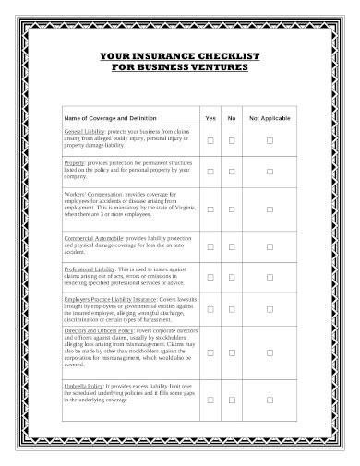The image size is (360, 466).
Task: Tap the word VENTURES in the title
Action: [222, 67]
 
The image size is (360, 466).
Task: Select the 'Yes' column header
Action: [210, 119]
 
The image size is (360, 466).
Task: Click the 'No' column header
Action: [232, 119]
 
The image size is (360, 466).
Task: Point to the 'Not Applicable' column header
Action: [270, 119]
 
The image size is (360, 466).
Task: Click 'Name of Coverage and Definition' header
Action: [110, 119]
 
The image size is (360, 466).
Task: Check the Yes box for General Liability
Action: [210, 140]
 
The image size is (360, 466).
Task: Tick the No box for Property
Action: [232, 172]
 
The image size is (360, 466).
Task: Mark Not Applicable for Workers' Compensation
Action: [270, 209]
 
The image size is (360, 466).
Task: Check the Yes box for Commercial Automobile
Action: [210, 247]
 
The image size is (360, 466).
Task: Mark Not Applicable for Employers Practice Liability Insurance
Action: [270, 314]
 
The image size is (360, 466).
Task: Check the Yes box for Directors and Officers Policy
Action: [210, 352]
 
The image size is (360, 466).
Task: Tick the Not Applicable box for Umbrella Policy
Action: [270, 400]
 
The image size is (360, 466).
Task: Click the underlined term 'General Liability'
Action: [84, 132]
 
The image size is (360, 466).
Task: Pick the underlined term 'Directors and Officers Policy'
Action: [99, 329]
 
